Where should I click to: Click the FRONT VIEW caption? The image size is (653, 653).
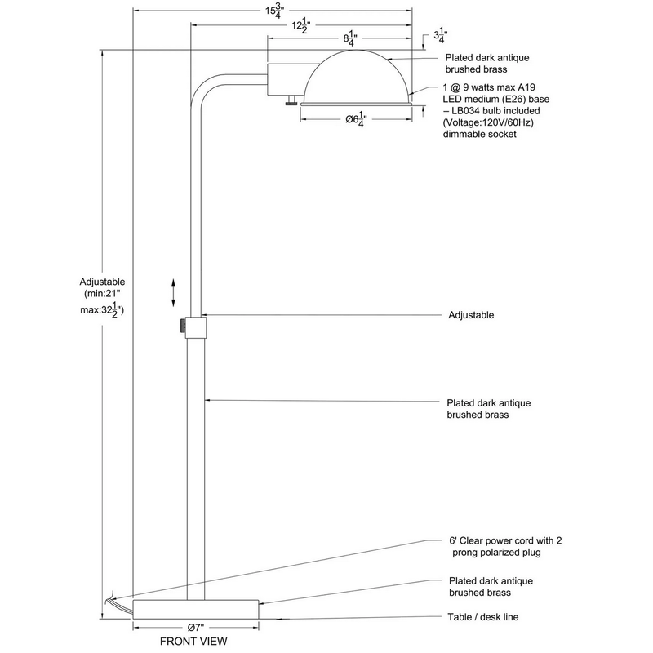193,641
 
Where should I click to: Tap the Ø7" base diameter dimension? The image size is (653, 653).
195,627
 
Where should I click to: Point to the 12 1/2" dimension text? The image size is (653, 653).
300,25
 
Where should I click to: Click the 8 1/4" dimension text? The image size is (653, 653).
349,38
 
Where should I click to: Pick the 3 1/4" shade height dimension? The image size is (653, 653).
440,37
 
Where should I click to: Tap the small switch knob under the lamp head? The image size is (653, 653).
291,102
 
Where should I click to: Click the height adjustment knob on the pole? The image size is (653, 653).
180,325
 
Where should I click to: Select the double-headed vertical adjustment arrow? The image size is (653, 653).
172,291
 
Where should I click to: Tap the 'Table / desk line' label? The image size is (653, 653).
482,617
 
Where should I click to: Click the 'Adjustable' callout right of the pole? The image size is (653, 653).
471,314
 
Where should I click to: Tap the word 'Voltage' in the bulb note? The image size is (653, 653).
464,122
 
